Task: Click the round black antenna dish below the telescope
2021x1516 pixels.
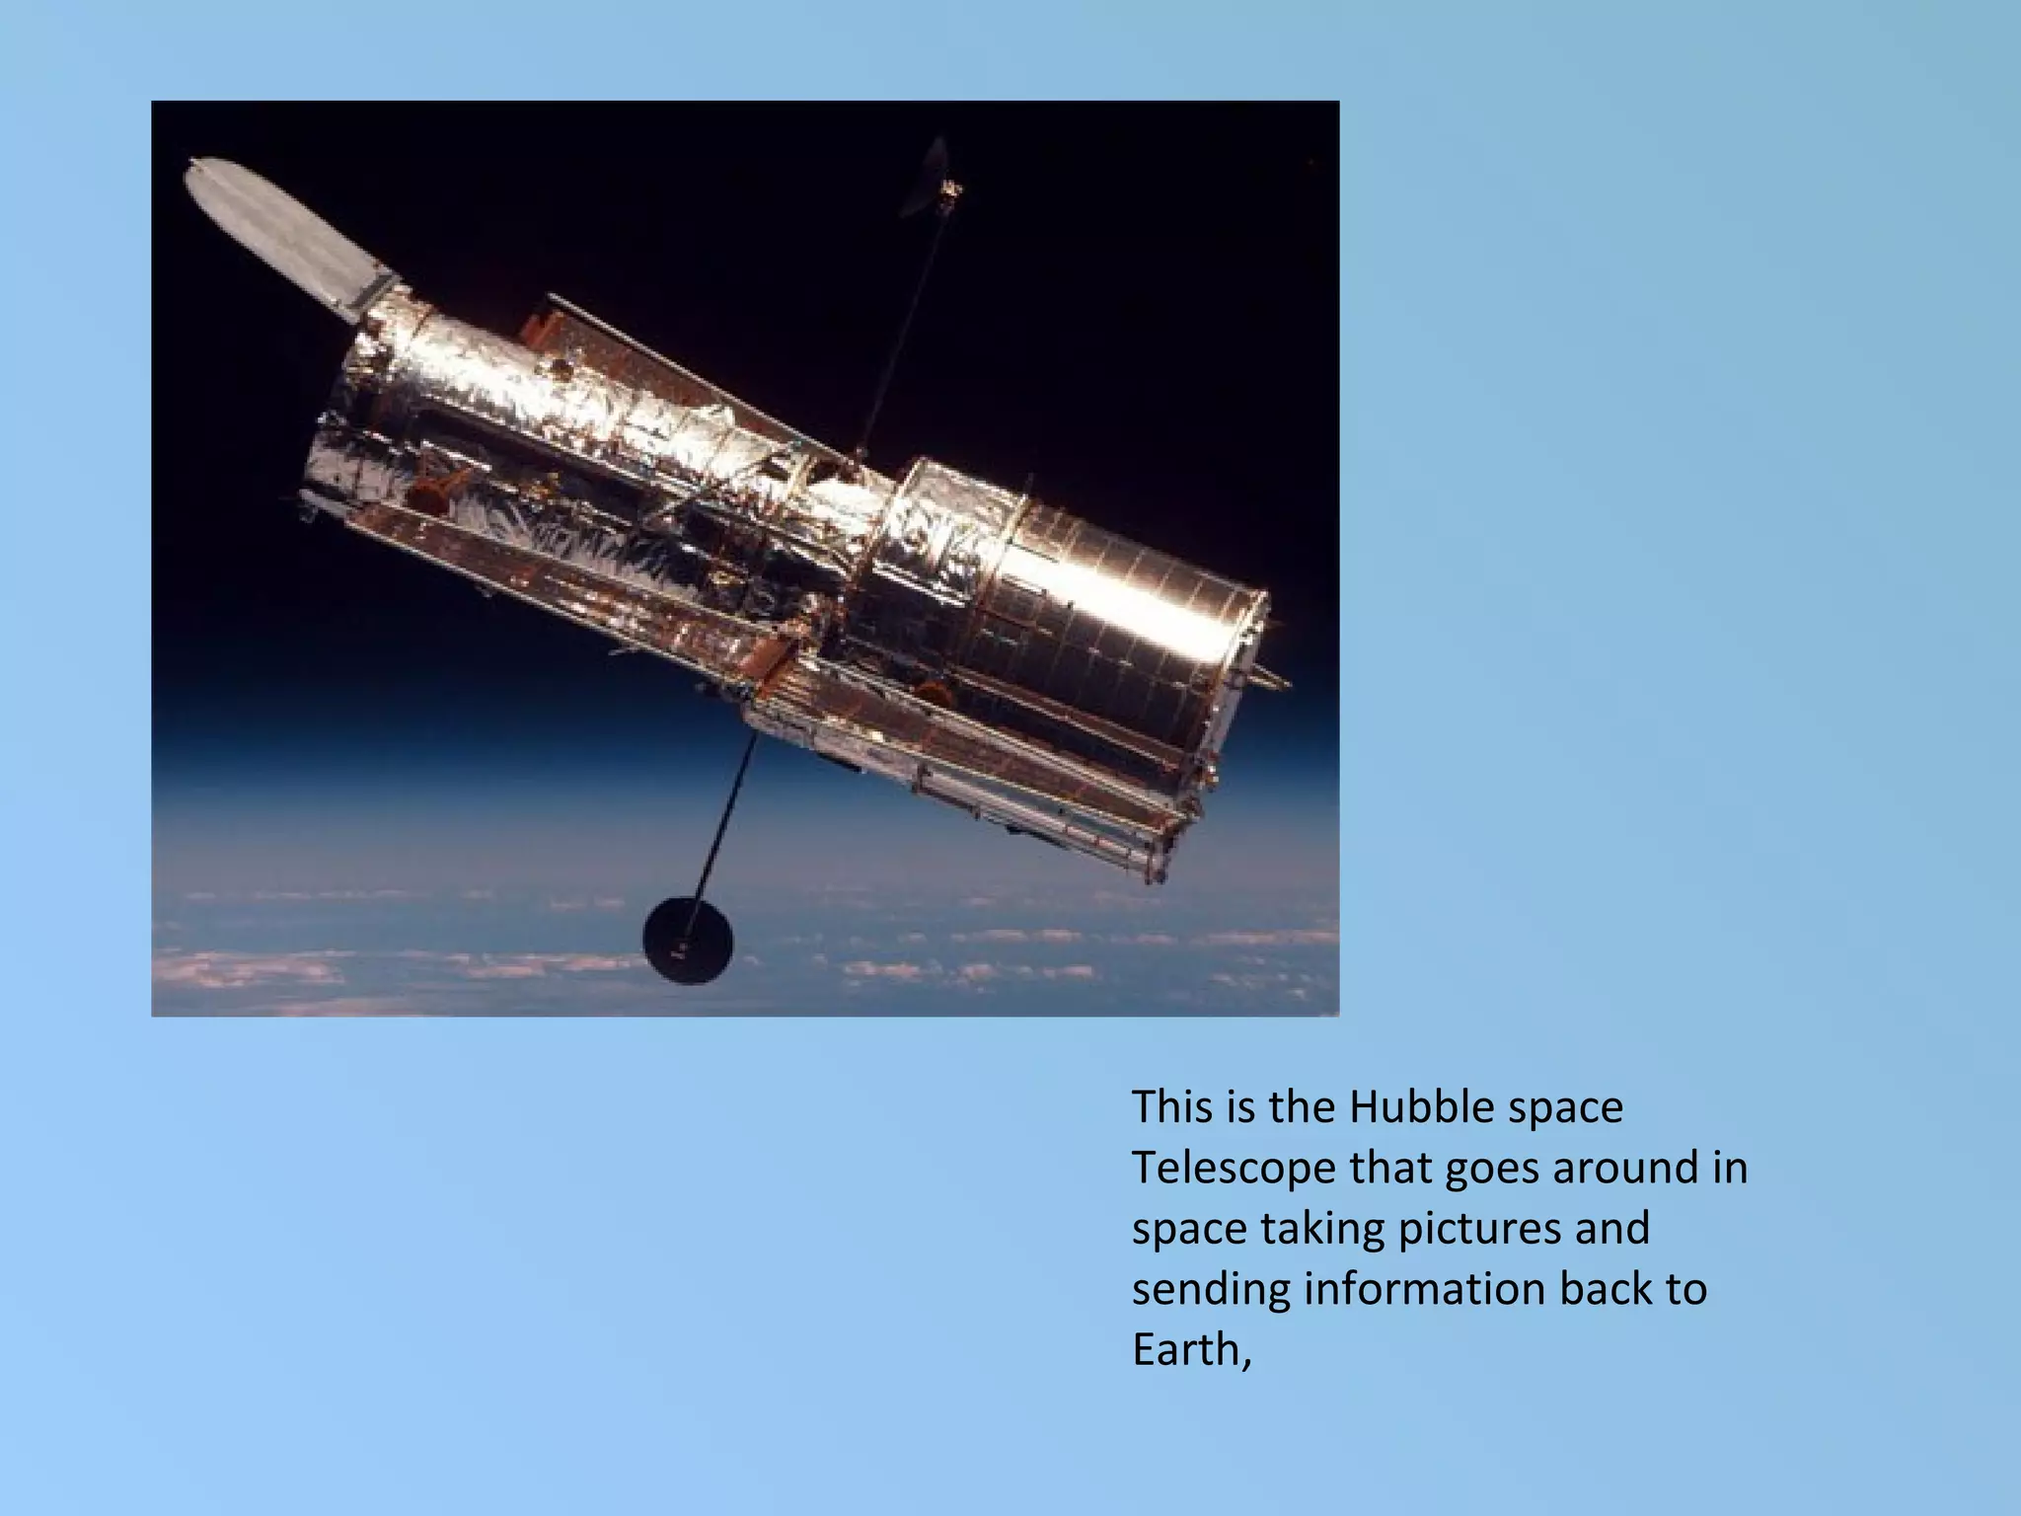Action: point(688,940)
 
